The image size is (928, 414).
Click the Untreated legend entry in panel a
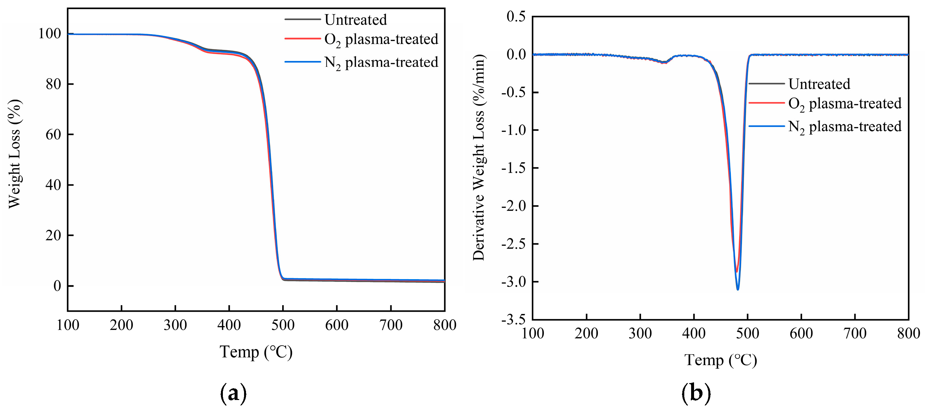tap(355, 20)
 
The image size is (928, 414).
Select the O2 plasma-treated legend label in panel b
tap(845, 104)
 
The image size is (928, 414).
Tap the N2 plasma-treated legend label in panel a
tap(381, 63)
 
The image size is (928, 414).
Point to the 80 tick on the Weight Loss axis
tap(53, 84)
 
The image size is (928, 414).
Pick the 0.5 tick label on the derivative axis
tap(516, 17)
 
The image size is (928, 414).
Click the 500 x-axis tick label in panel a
tap(283, 325)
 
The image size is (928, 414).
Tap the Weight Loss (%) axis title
tap(14, 154)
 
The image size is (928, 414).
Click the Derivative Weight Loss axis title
tap(479, 158)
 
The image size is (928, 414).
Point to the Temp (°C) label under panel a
tap(256, 352)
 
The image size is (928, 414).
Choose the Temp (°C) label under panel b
tap(720, 360)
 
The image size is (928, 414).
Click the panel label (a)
tap(233, 393)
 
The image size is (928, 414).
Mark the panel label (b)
tap(696, 393)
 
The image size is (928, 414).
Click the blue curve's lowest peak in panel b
tap(738, 289)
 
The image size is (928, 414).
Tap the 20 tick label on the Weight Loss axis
tap(53, 236)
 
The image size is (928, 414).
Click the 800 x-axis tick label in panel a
tap(444, 325)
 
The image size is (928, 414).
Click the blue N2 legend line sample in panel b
tap(766, 126)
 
